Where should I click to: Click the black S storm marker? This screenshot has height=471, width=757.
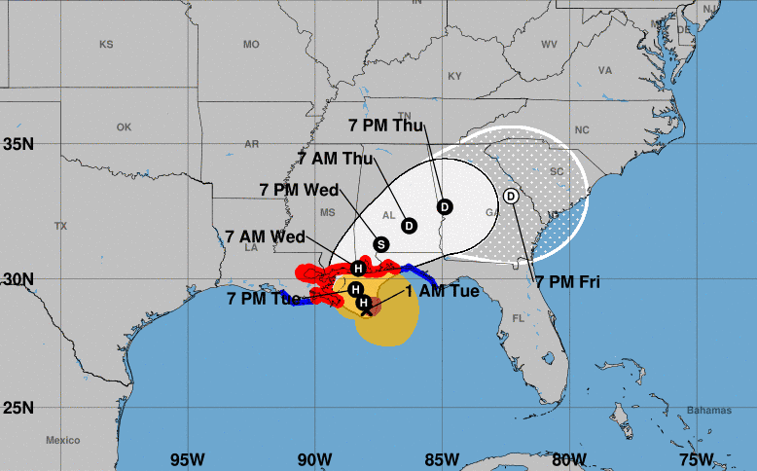pyautogui.click(x=381, y=244)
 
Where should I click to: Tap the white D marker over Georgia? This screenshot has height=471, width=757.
pyautogui.click(x=512, y=196)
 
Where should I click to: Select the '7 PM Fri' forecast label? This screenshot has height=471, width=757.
pyautogui.click(x=567, y=282)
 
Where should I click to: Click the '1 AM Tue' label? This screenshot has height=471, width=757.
pyautogui.click(x=442, y=291)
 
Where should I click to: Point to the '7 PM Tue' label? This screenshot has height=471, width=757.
pyautogui.click(x=262, y=299)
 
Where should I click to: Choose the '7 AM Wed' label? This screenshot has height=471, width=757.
pyautogui.click(x=265, y=236)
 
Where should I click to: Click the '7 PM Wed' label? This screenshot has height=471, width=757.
pyautogui.click(x=299, y=190)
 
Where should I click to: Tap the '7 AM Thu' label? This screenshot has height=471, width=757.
pyautogui.click(x=336, y=158)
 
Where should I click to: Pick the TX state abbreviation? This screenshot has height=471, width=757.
pyautogui.click(x=60, y=226)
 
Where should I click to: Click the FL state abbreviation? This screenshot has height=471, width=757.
pyautogui.click(x=518, y=318)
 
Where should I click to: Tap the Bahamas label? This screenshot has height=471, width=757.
pyautogui.click(x=706, y=410)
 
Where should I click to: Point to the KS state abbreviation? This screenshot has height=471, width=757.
pyautogui.click(x=106, y=45)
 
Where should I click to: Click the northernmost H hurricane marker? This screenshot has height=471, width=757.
pyautogui.click(x=358, y=269)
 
